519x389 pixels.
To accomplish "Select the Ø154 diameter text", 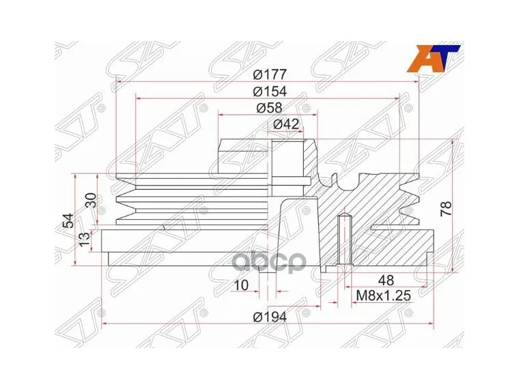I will point(269,91).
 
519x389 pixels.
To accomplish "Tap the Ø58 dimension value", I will point(269,107).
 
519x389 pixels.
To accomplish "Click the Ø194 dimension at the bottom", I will point(269,316).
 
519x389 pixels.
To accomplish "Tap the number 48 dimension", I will point(385,280).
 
